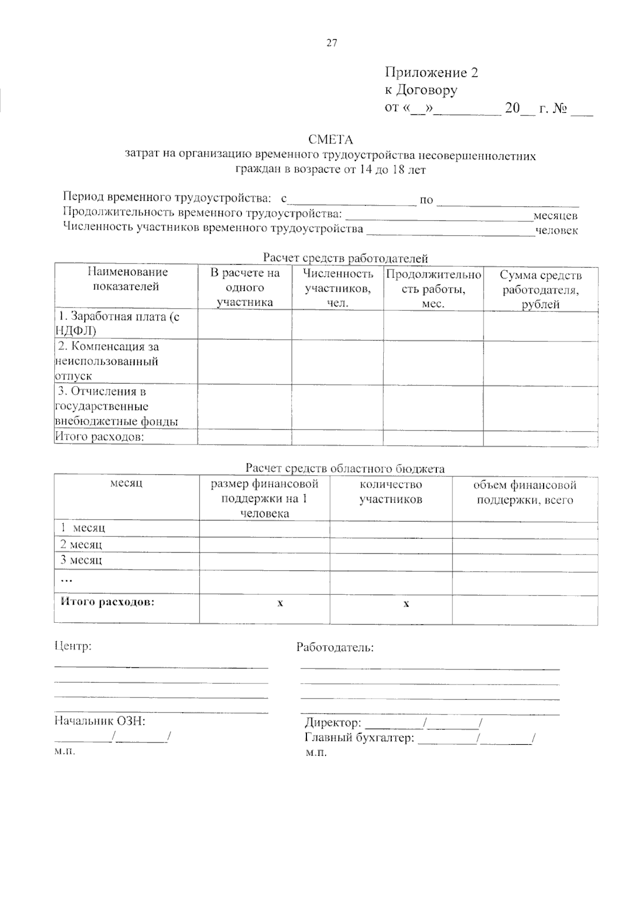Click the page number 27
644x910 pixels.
(332, 43)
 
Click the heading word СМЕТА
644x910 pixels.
(331, 140)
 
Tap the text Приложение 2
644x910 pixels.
(431, 72)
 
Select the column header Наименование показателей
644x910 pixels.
(127, 279)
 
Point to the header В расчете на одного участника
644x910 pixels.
(245, 288)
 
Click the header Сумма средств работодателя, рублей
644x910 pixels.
(540, 290)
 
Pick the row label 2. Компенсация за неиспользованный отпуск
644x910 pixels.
(107, 361)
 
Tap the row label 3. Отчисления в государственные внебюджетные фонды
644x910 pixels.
(116, 406)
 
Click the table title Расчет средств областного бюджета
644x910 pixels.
(345, 468)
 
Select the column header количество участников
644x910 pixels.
(391, 492)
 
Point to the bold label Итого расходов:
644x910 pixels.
(107, 601)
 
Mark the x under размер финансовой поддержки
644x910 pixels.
(280, 603)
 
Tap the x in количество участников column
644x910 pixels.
(406, 603)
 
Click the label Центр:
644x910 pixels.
(74, 646)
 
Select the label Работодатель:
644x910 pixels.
(335, 647)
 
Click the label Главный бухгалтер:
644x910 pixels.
(360, 738)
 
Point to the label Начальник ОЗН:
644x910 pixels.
(100, 720)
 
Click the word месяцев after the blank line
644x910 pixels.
(555, 216)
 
